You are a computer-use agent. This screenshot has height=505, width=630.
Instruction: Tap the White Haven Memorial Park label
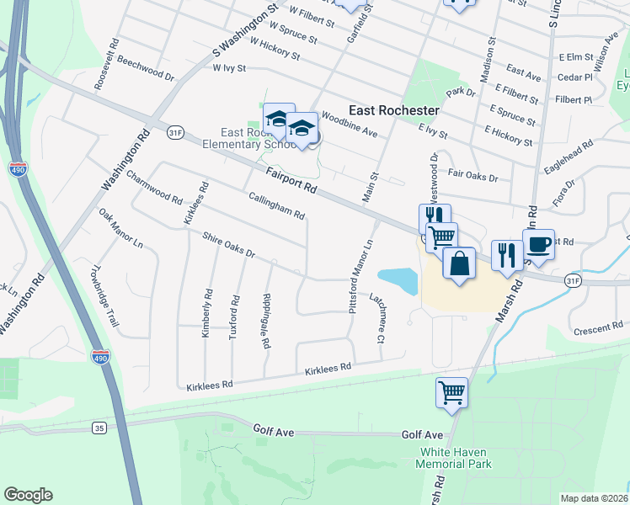click(456, 458)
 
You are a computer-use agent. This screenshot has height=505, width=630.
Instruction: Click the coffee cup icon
click(539, 245)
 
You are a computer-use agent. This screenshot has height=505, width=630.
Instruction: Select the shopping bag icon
click(460, 263)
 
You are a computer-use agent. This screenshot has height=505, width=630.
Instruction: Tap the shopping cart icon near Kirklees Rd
click(451, 391)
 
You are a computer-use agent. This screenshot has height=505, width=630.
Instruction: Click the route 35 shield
click(100, 428)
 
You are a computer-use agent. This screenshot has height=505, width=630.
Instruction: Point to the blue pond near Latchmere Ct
click(398, 280)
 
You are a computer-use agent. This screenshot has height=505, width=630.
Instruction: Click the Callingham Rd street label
click(276, 205)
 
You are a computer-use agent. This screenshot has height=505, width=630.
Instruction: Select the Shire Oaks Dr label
click(228, 246)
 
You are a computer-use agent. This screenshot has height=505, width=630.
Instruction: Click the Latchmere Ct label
click(377, 319)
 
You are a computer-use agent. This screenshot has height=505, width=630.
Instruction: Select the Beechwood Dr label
click(146, 69)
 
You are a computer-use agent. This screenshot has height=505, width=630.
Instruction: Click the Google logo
click(28, 495)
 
